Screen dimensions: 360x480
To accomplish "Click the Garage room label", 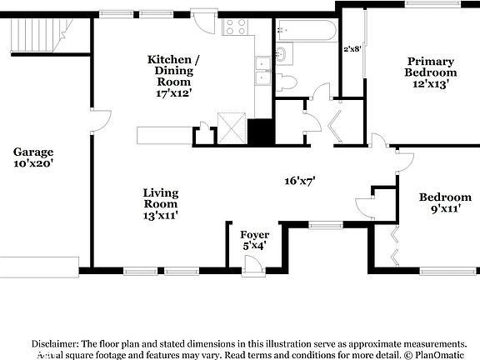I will pyautogui.click(x=33, y=152).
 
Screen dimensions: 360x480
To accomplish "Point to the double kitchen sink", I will pyautogui.click(x=262, y=70).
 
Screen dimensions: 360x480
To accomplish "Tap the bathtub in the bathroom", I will pyautogui.click(x=306, y=32).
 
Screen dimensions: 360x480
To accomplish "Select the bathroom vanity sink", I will pyautogui.click(x=281, y=56).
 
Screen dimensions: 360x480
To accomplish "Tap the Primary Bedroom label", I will pyautogui.click(x=430, y=67).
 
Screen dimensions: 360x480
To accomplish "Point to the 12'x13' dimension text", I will pyautogui.click(x=430, y=83).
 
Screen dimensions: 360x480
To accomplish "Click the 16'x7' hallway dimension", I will pyautogui.click(x=299, y=179).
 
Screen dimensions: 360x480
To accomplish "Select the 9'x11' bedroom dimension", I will pyautogui.click(x=445, y=210).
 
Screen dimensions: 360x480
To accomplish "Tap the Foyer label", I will pyautogui.click(x=254, y=235).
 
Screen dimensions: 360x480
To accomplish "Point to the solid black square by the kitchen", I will pyautogui.click(x=261, y=132).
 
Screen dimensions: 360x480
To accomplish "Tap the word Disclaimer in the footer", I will pyautogui.click(x=55, y=343).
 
